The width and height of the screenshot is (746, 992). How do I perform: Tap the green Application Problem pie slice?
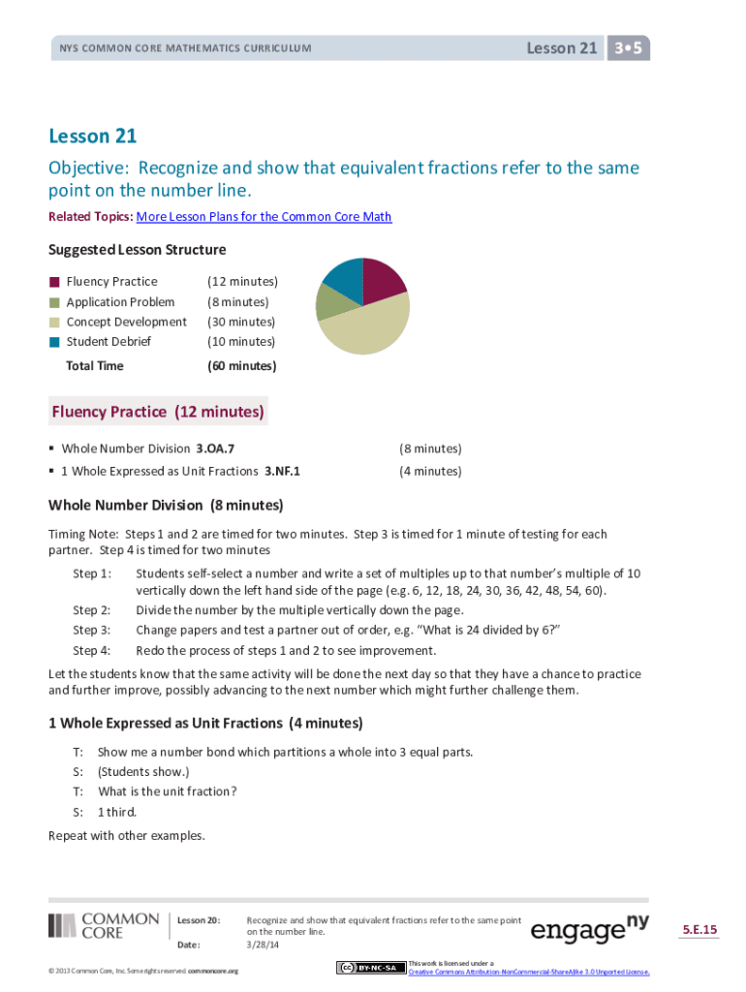click(x=330, y=301)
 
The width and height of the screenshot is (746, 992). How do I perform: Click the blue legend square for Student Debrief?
click(x=55, y=341)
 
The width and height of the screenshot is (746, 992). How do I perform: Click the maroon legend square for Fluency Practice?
click(x=55, y=282)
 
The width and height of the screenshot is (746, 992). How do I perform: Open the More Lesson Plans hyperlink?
click(x=264, y=217)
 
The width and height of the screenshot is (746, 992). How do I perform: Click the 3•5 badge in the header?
click(x=629, y=47)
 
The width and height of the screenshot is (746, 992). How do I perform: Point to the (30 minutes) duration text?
click(x=241, y=322)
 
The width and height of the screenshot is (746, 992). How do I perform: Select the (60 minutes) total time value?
click(x=242, y=366)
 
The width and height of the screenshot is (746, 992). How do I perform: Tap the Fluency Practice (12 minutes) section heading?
click(x=158, y=412)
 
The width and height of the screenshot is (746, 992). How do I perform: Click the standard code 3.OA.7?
click(x=215, y=449)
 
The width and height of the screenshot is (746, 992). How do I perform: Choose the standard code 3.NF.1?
click(x=282, y=471)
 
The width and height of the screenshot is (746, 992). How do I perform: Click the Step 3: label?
click(x=92, y=630)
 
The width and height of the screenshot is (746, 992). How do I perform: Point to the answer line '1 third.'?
click(x=117, y=812)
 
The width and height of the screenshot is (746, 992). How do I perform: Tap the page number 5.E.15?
click(x=699, y=930)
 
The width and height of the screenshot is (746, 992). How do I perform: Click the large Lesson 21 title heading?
click(x=93, y=137)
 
